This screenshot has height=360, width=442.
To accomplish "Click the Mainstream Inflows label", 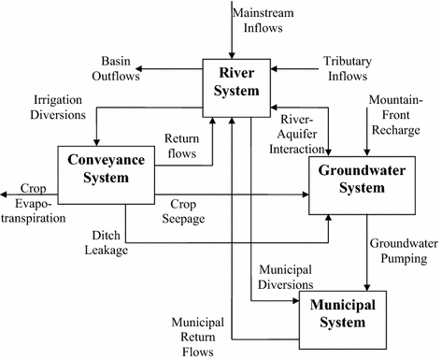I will pyautogui.click(x=270, y=20).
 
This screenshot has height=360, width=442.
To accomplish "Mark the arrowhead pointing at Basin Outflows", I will pyautogui.click(x=137, y=68).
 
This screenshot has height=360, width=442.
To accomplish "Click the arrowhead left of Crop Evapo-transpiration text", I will pyautogui.click(x=6, y=194).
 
